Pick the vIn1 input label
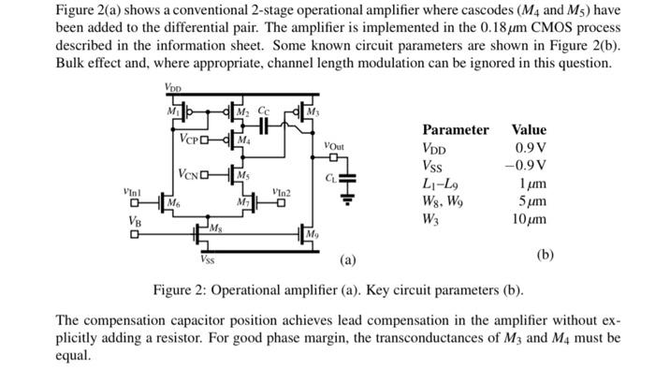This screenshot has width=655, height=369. (134, 190)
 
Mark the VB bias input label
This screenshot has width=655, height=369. (136, 222)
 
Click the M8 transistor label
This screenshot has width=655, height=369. (215, 229)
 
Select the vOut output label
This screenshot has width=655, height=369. (334, 146)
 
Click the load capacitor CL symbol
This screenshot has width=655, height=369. (346, 177)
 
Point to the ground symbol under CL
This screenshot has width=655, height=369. (346, 196)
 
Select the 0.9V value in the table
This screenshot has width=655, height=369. (531, 148)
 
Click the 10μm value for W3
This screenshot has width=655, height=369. (529, 219)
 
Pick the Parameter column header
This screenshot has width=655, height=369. (455, 130)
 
